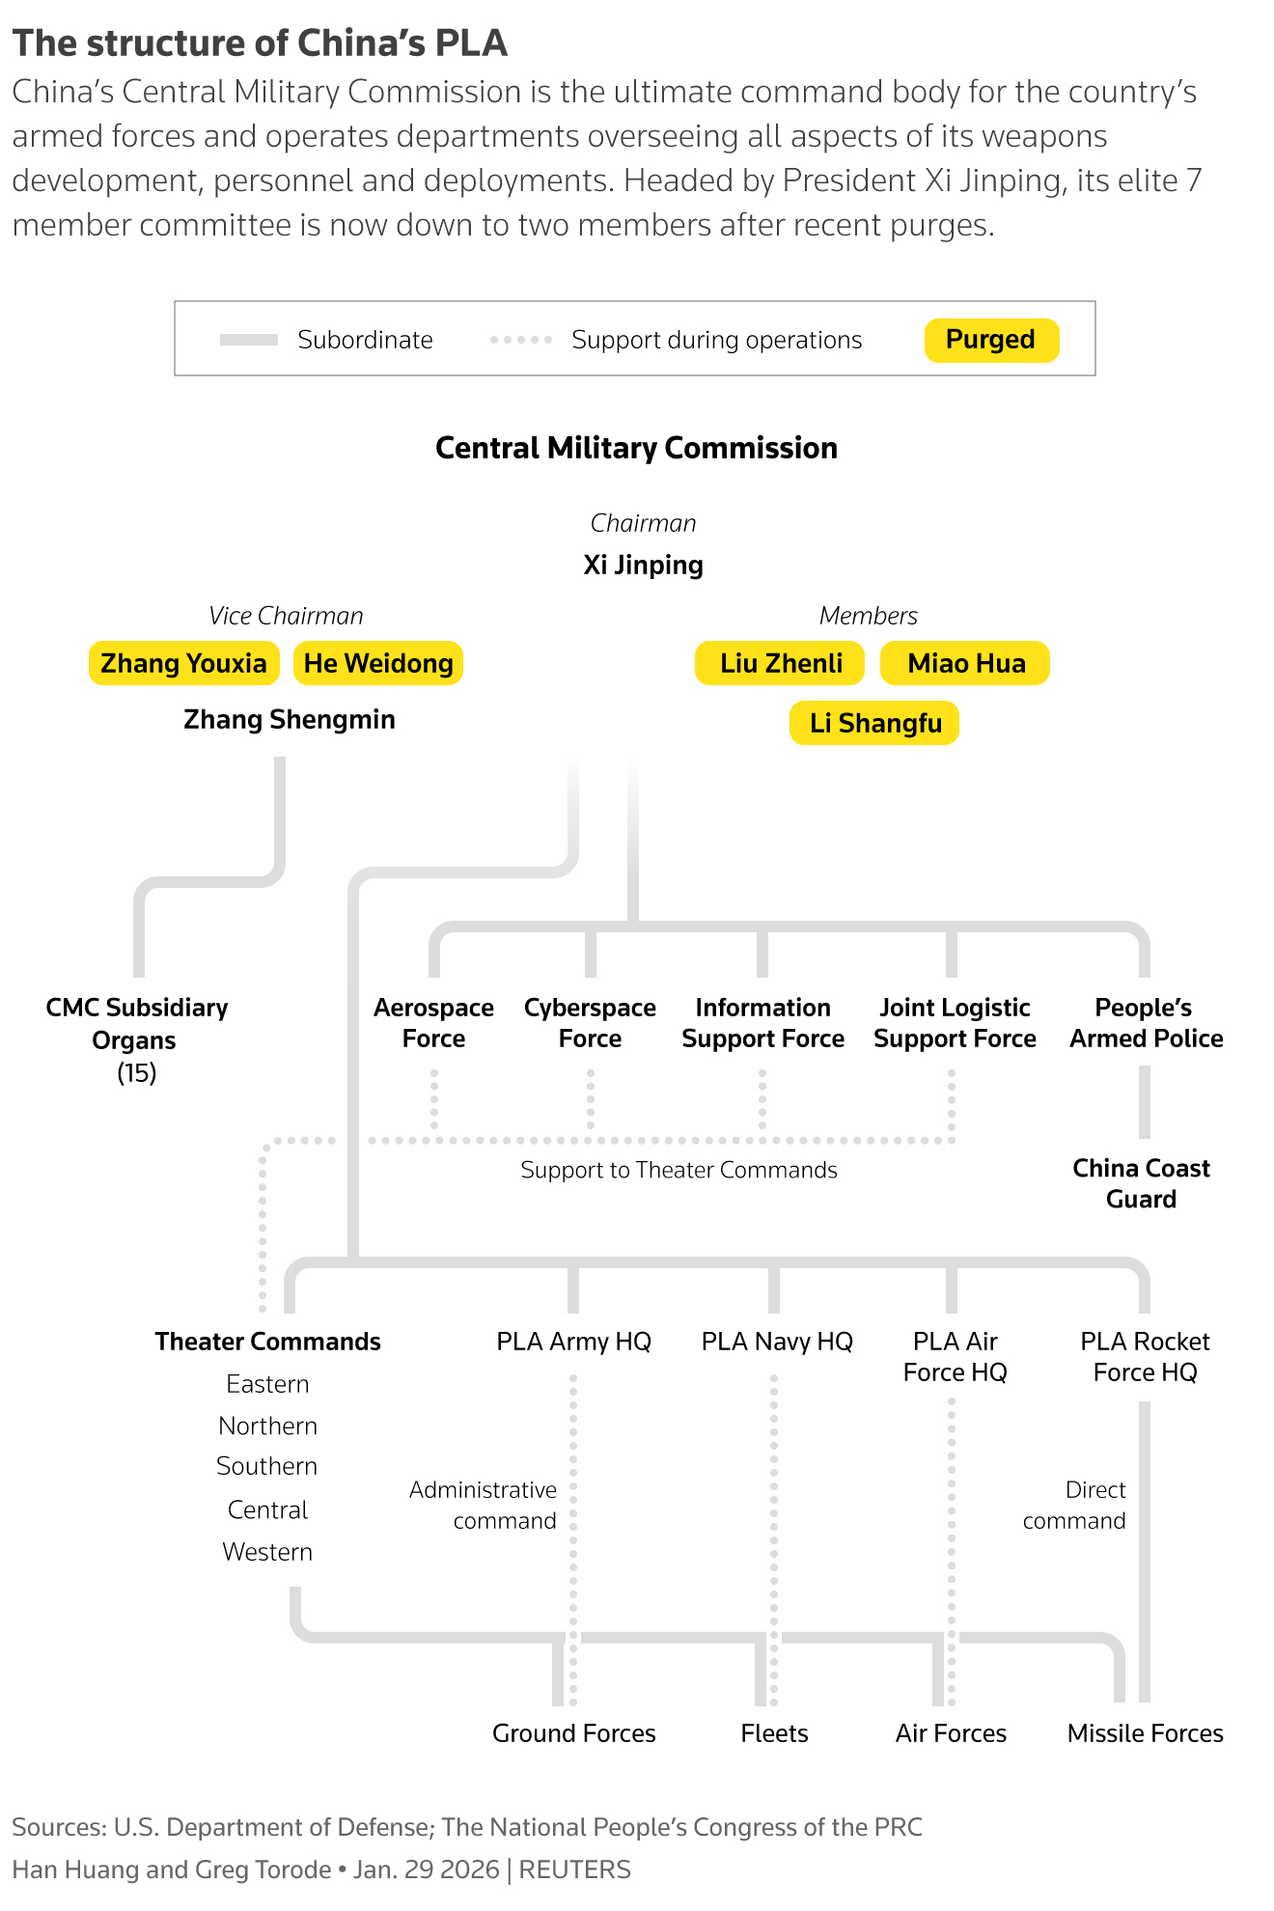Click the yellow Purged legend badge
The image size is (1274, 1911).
pos(991,340)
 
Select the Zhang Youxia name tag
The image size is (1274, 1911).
pos(183,663)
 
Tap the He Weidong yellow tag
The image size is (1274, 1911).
pos(378,663)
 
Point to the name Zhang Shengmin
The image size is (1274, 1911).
pos(290,719)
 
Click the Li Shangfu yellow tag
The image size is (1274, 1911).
pos(874,723)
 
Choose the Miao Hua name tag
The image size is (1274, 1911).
pos(965,663)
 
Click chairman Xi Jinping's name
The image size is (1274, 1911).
pos(643,565)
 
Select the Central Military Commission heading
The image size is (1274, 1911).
pos(636,448)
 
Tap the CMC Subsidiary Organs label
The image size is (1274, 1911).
pos(136,1024)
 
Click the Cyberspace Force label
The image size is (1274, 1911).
pos(590,1023)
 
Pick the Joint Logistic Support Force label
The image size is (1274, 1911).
pos(955,1023)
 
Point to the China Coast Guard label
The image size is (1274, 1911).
pos(1141,1183)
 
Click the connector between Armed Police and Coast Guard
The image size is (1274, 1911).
pos(1145,1102)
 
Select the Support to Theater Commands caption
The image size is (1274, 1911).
pos(679,1170)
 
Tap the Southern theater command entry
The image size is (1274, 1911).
pos(267,1466)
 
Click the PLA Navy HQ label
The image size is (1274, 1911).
pos(777,1342)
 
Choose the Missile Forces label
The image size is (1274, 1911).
pos(1145,1733)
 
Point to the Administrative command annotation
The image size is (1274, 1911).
pos(484,1505)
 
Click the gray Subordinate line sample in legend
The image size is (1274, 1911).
pos(249,340)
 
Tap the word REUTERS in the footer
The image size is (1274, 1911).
pos(574,1869)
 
